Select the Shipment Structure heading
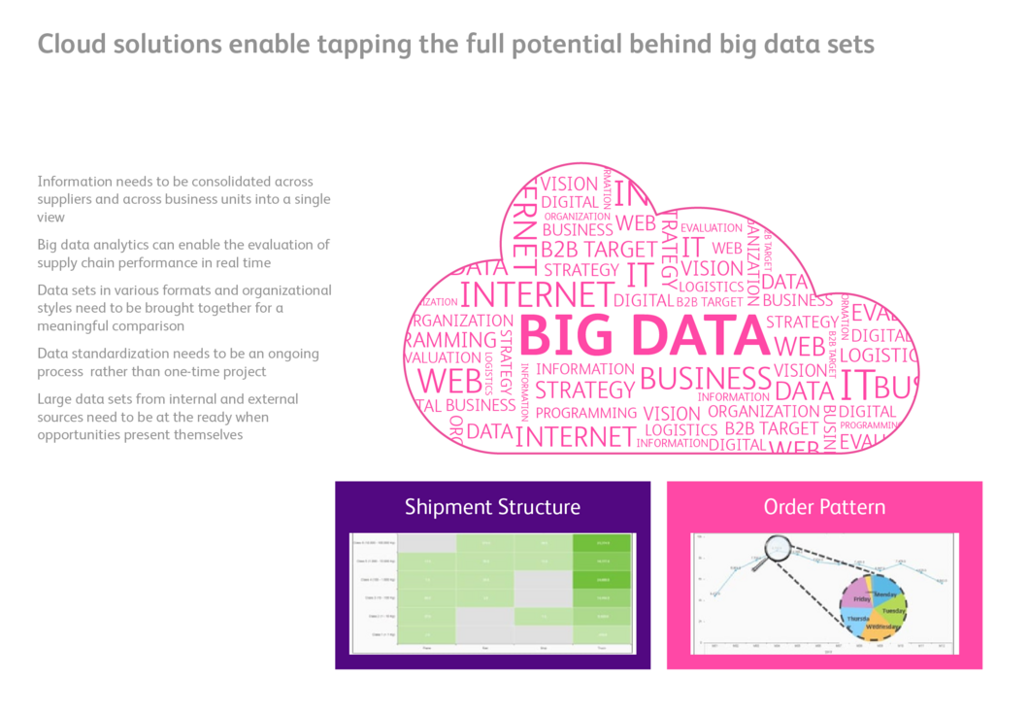(x=492, y=507)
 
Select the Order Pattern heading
(x=824, y=507)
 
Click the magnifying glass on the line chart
(x=779, y=550)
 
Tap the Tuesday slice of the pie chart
(x=890, y=612)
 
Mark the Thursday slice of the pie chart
(x=857, y=619)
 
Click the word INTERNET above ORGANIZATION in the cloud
(x=536, y=294)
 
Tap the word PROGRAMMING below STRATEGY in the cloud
(x=586, y=413)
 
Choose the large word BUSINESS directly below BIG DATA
(x=705, y=378)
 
